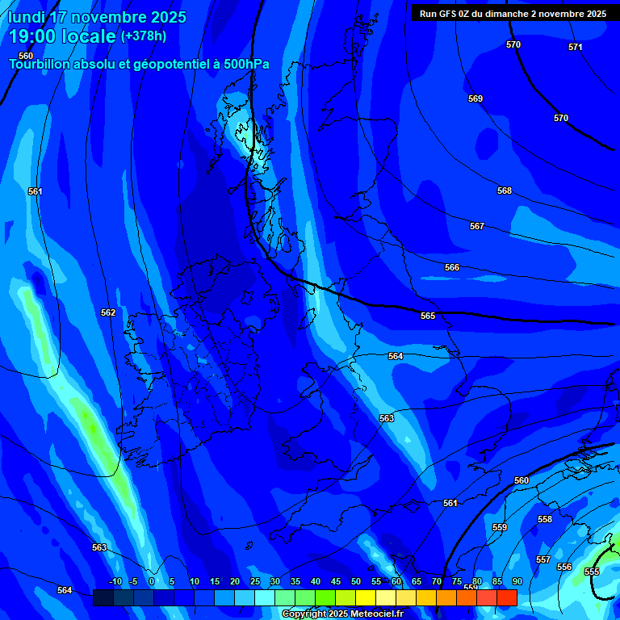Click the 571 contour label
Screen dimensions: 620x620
point(575,48)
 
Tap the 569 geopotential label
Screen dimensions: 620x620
point(475,98)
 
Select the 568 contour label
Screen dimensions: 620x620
point(505,191)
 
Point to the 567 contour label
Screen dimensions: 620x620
point(477,227)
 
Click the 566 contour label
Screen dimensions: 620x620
point(452,267)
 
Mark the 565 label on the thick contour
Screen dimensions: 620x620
point(428,316)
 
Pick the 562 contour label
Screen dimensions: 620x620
point(108,312)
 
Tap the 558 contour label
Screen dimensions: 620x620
point(545,519)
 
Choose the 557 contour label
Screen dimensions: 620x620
point(543,559)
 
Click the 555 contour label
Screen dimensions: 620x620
point(592,572)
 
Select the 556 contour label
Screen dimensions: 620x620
point(564,567)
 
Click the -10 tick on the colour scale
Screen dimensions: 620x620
point(115,581)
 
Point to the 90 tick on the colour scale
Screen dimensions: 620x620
point(517,581)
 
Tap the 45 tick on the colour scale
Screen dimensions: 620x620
point(335,581)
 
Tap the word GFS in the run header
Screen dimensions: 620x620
point(450,14)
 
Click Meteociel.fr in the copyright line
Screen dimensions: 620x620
point(371,614)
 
